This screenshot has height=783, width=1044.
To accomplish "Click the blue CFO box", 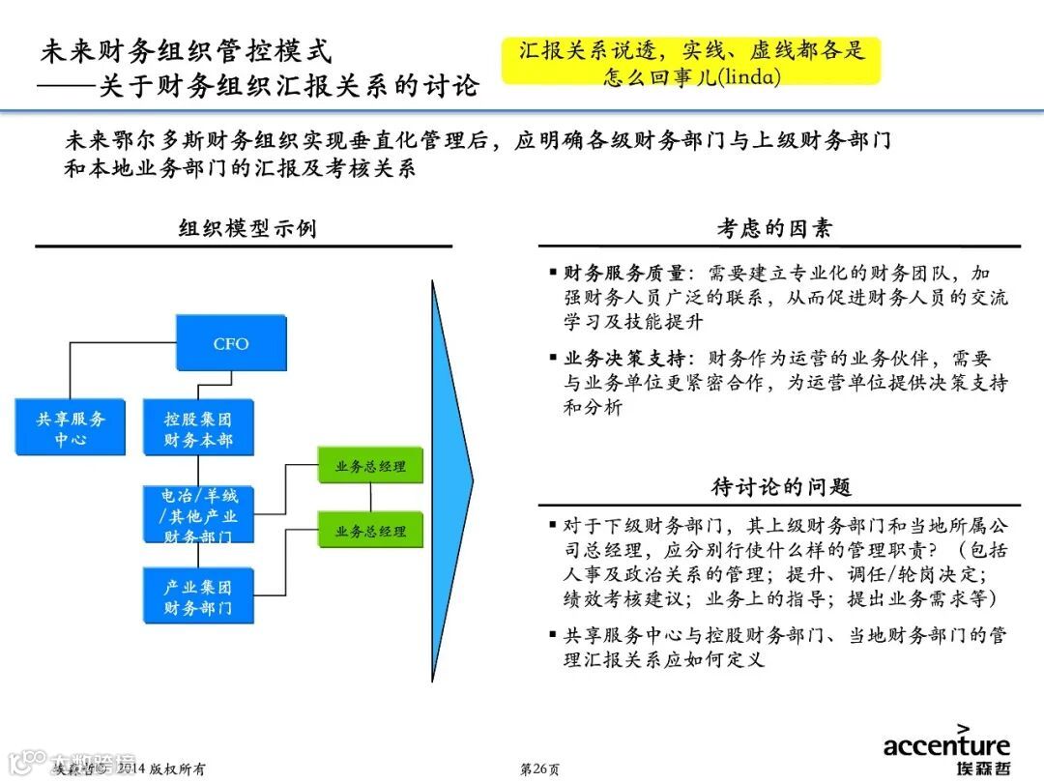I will coord(231,343).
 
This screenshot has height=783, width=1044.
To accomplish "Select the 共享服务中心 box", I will coord(71,428).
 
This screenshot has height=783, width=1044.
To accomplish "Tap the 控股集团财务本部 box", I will coord(197,428).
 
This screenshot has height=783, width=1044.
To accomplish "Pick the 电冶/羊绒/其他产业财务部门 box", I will coord(197,514).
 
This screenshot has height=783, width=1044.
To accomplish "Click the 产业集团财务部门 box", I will coord(197,596).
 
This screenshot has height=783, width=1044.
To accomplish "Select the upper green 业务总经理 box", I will coord(370,466).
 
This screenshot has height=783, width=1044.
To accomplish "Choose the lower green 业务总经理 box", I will coord(370,531).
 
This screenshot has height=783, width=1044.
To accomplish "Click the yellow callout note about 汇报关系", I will coord(691,62).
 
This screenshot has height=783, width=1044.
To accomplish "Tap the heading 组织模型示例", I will coord(247,229).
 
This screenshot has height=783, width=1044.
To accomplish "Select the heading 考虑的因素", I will coord(774,229).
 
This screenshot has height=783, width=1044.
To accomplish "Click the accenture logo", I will coord(945,749).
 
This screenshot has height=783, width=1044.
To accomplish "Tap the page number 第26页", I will coord(539,768).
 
